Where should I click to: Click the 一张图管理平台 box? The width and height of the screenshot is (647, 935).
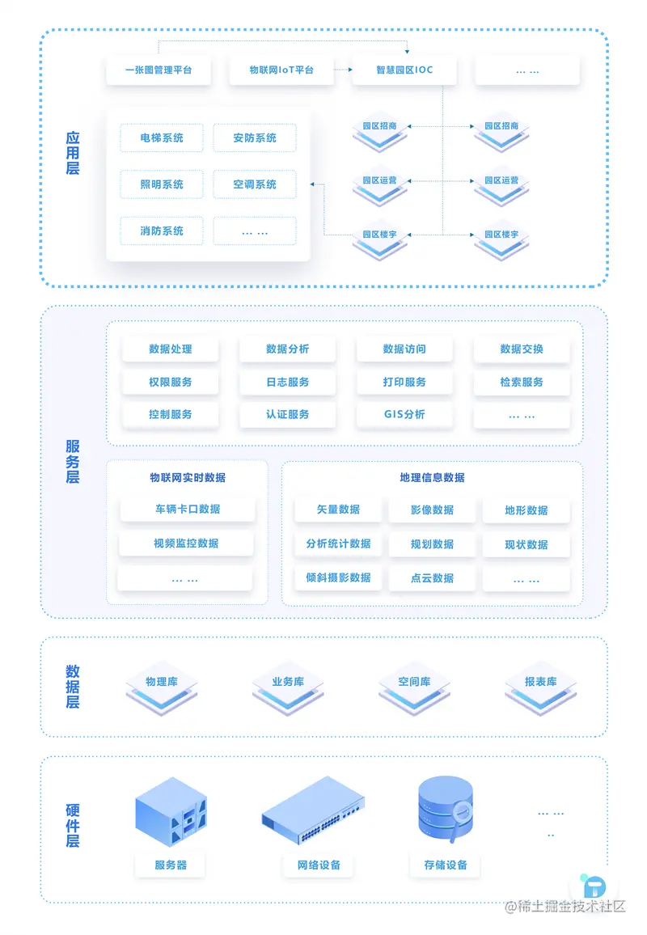click(x=159, y=70)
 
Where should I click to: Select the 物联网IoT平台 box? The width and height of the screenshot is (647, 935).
click(x=281, y=70)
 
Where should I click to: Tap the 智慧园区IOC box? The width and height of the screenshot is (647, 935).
click(x=404, y=70)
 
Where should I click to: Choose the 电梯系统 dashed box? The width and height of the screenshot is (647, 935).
click(x=162, y=138)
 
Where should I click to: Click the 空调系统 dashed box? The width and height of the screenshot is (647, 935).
click(x=255, y=184)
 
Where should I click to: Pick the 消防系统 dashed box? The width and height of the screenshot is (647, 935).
click(x=162, y=231)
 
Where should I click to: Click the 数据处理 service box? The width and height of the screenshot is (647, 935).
click(x=171, y=349)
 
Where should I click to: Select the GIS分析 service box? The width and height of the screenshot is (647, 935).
click(x=404, y=414)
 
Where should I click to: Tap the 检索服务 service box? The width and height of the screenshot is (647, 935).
click(x=522, y=382)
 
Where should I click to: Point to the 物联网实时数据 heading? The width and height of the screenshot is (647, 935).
click(x=187, y=477)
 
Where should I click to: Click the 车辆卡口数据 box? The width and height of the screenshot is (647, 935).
click(x=187, y=510)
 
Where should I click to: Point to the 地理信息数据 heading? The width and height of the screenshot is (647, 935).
click(x=432, y=477)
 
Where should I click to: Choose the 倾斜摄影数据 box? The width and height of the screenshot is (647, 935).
click(x=338, y=577)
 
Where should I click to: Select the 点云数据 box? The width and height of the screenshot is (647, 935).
click(x=432, y=577)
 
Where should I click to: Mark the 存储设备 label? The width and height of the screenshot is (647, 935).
click(x=446, y=865)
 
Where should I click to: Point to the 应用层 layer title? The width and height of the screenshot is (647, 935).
click(x=73, y=154)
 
